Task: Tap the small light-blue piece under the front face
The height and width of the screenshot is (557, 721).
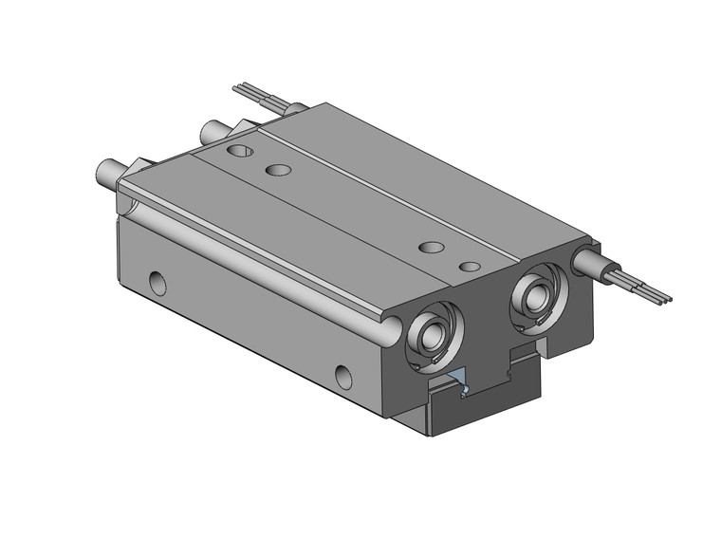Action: click(460, 376)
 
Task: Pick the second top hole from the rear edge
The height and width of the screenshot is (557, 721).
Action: click(278, 171)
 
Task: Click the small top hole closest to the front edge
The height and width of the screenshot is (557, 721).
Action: click(467, 267)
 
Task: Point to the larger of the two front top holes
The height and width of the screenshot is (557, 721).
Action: click(432, 248)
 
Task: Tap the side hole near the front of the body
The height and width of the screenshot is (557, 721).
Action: click(345, 373)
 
